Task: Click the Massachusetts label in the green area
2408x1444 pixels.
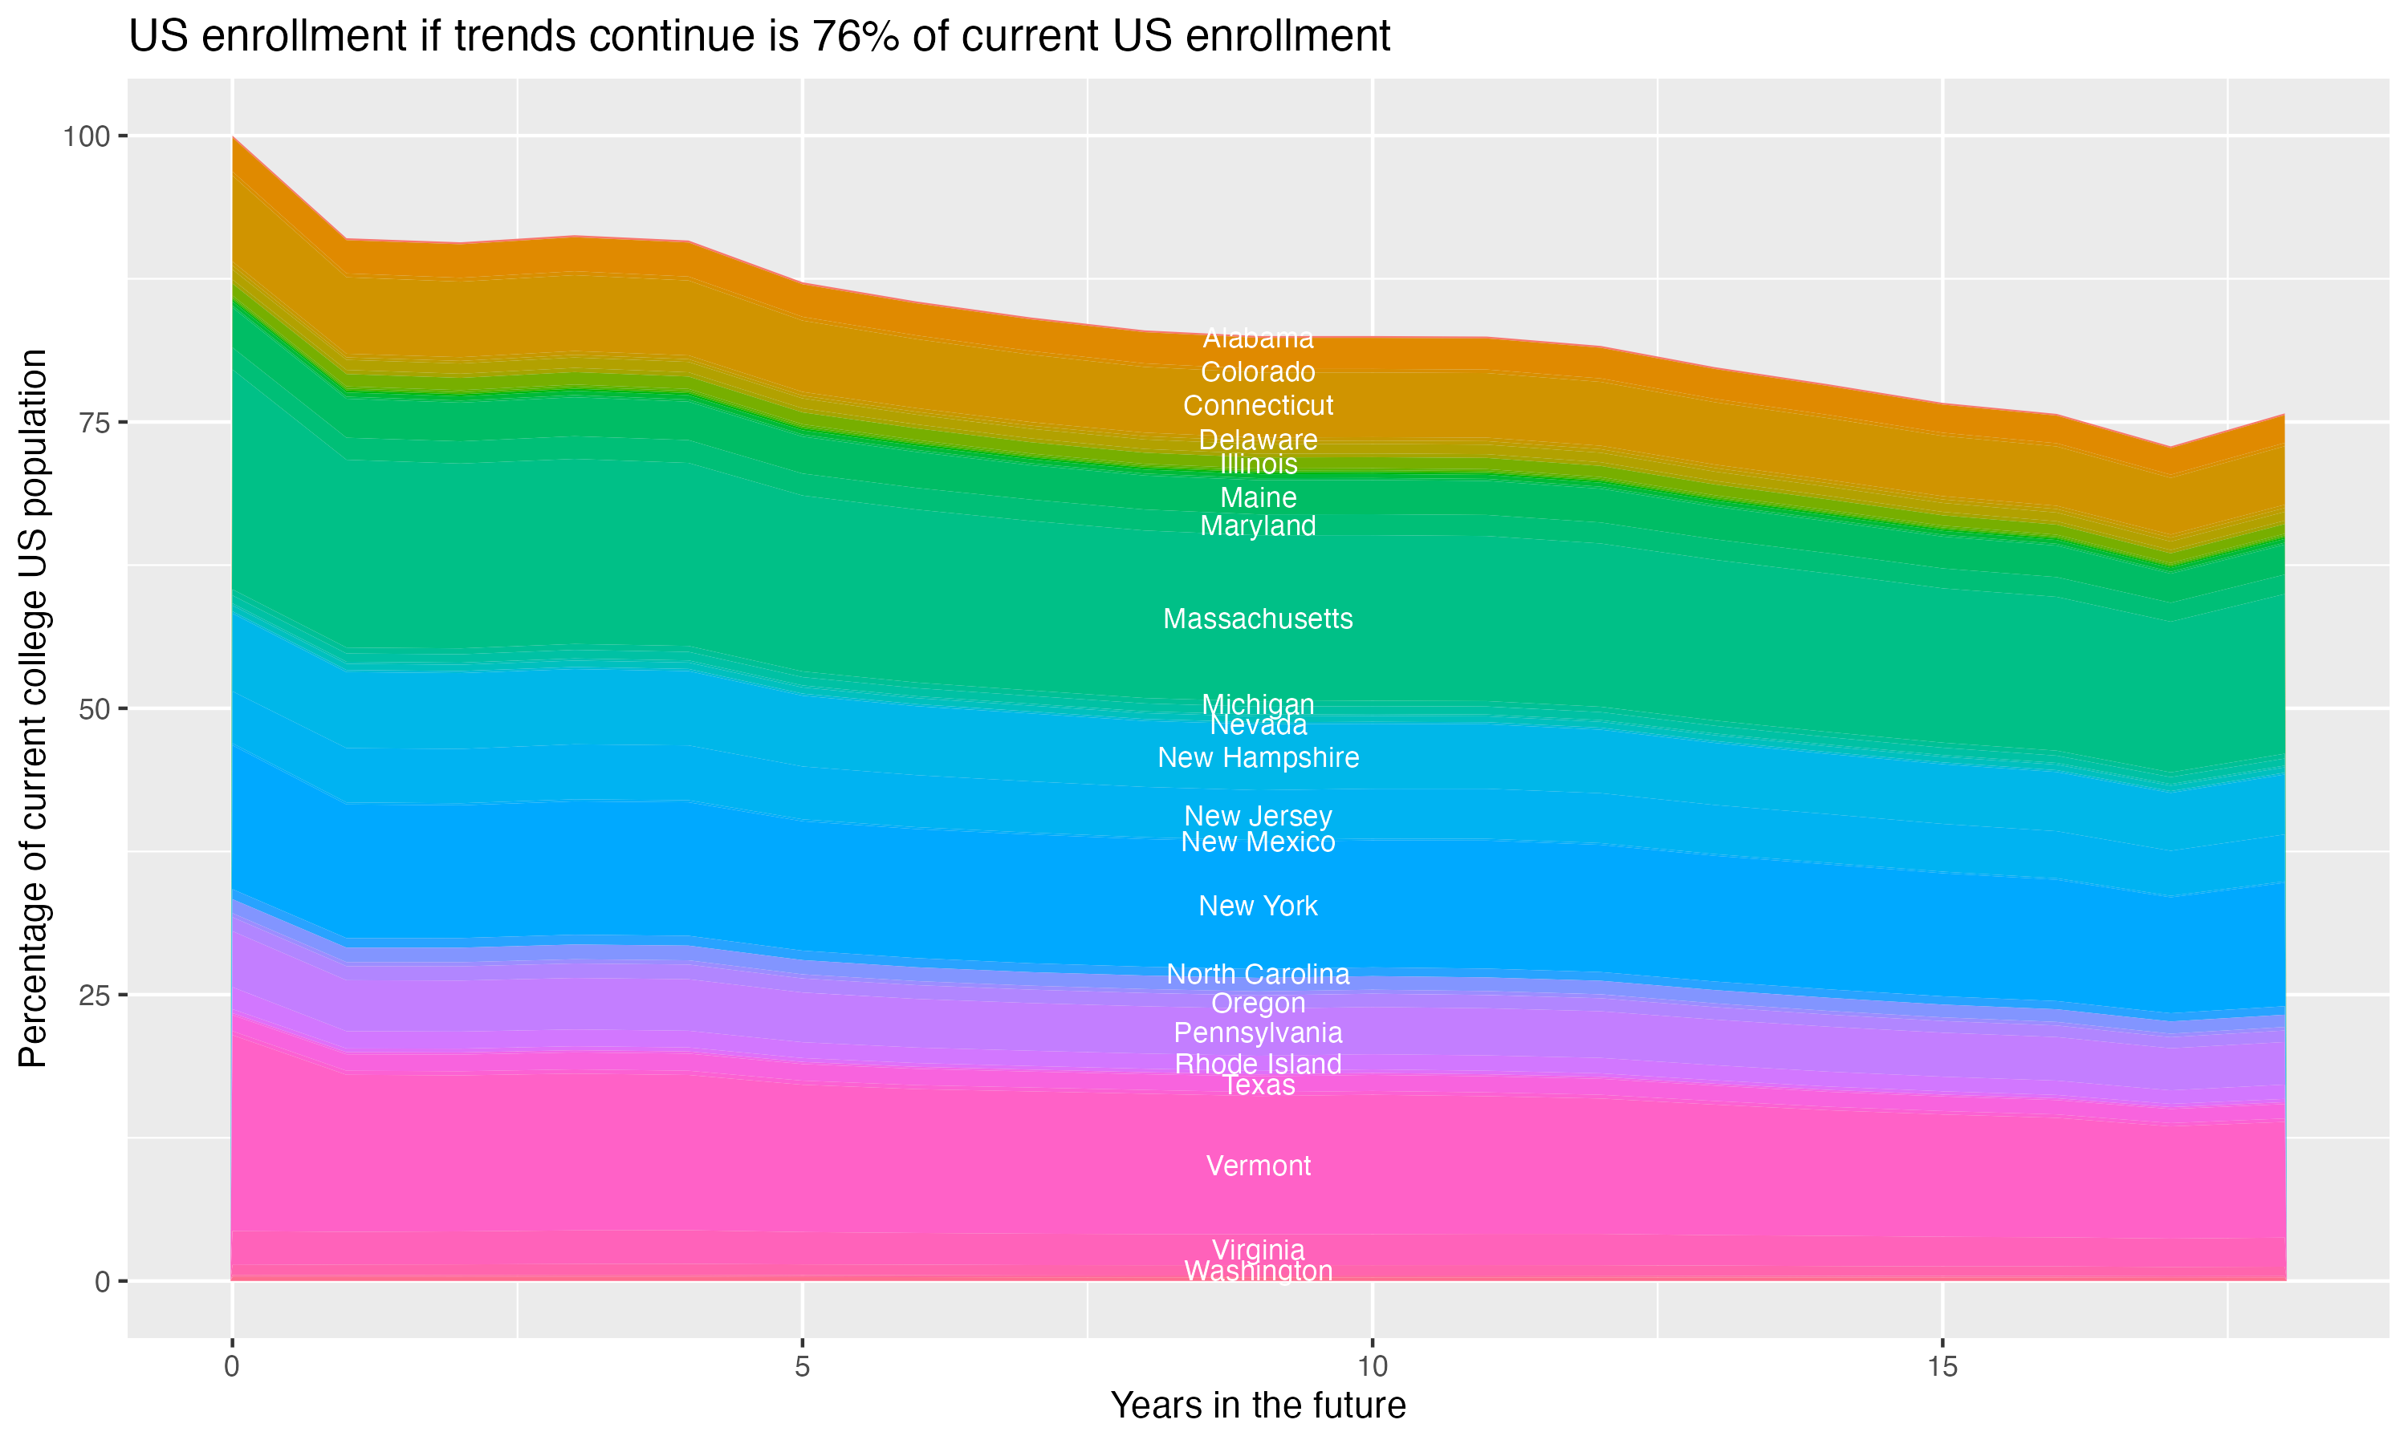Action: [1258, 619]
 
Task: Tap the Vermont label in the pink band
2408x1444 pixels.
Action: [1258, 1166]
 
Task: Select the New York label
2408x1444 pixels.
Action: [1258, 906]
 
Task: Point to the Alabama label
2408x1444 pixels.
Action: [1258, 339]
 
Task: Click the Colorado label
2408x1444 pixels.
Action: [1258, 371]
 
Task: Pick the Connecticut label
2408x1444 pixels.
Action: [1258, 406]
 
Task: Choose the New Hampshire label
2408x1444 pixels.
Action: [1258, 757]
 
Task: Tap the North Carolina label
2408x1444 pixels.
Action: [1258, 974]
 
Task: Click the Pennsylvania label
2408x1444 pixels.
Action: [1258, 1032]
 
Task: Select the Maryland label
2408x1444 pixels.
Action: [1258, 526]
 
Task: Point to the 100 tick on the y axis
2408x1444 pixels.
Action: [86, 136]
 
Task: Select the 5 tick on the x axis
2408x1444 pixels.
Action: [802, 1367]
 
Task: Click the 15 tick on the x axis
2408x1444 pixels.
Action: [1942, 1367]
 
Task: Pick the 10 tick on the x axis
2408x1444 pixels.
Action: [1372, 1367]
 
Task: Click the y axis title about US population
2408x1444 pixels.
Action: [33, 708]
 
